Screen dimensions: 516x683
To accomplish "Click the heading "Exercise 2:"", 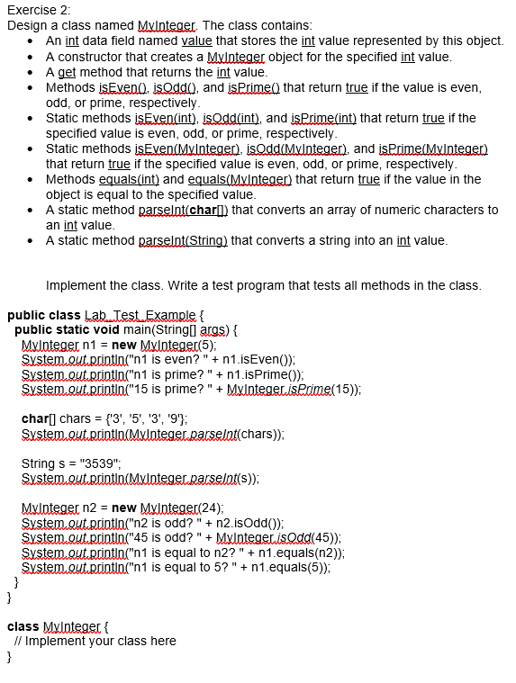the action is pos(38,10).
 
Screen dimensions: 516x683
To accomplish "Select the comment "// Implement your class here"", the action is pos(95,641).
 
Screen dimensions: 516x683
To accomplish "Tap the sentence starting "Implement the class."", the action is pos(263,285).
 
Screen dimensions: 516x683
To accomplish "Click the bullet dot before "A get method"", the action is pos(32,72).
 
